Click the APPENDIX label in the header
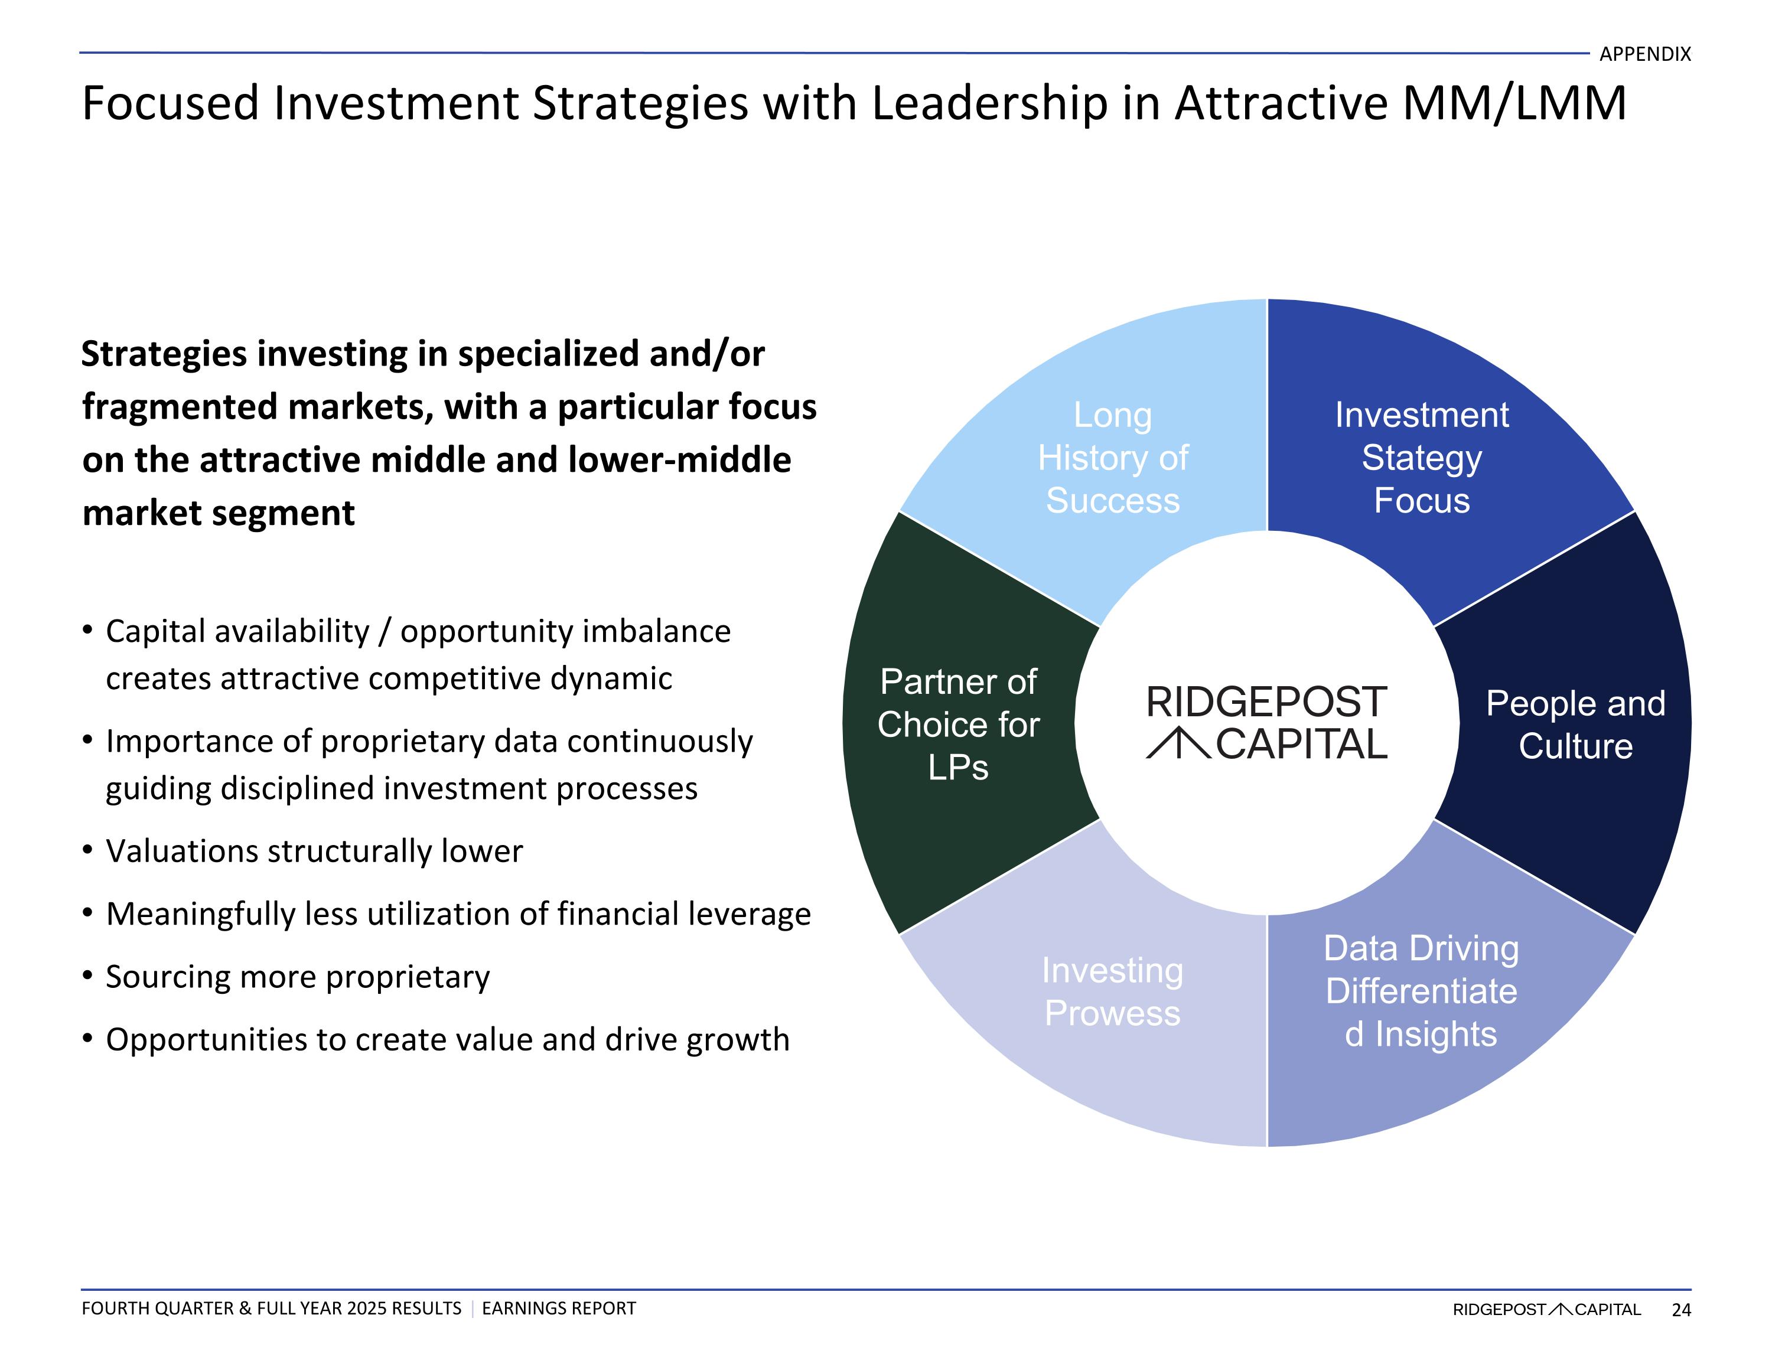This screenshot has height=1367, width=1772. click(1644, 54)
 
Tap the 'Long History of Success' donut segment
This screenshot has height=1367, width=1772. click(1112, 458)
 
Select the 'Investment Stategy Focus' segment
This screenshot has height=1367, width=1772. click(1422, 458)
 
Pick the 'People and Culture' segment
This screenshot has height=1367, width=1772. click(1575, 725)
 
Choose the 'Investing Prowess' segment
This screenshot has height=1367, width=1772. click(1112, 991)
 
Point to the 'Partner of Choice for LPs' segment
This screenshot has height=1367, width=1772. click(958, 725)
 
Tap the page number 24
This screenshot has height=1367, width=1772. click(1681, 1309)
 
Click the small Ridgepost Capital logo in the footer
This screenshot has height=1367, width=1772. click(1546, 1309)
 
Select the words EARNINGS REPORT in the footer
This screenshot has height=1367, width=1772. click(558, 1309)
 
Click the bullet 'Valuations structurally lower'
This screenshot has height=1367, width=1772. click(314, 851)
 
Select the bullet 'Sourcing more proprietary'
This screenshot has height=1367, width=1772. click(298, 977)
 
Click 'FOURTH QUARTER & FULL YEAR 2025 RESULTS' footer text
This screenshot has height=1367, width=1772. click(271, 1309)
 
